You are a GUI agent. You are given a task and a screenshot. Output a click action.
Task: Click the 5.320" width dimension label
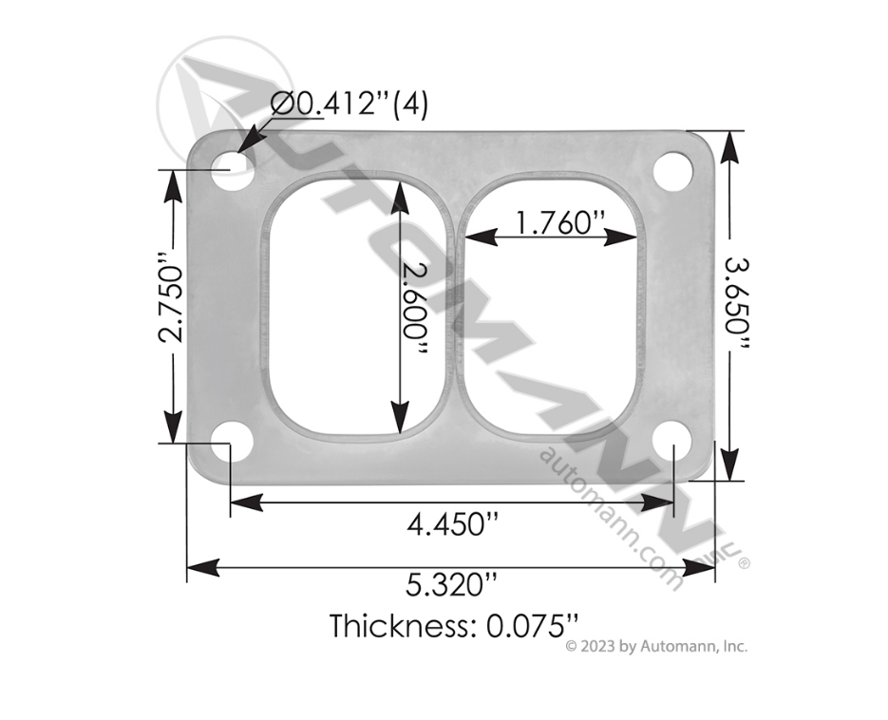coord(450,583)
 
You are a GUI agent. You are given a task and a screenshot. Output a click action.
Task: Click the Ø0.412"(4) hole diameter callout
coord(349,104)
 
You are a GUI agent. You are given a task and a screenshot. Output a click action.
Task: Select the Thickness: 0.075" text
coord(454,626)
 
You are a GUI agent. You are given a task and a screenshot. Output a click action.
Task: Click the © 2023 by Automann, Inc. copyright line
coord(656,647)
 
